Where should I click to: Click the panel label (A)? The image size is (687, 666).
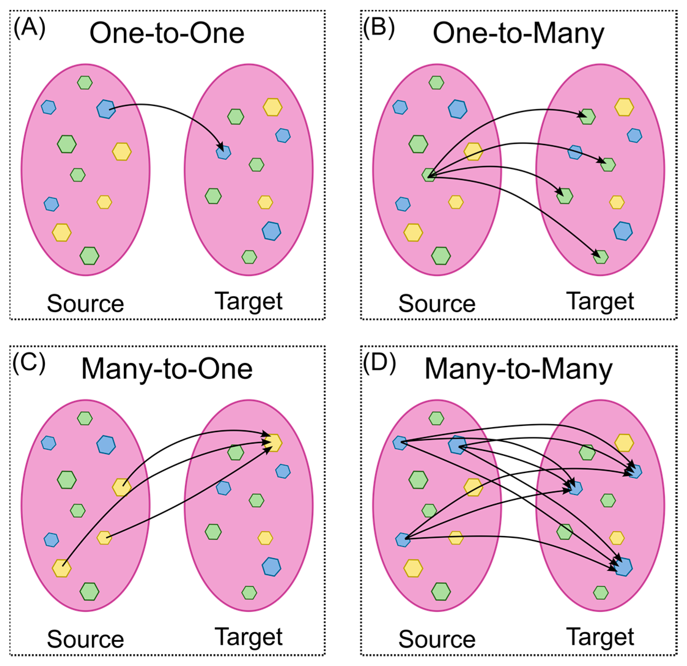click(x=29, y=28)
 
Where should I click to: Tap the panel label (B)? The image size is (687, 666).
click(x=379, y=28)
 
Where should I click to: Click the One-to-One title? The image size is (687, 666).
click(x=167, y=33)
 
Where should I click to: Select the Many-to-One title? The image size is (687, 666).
click(x=167, y=370)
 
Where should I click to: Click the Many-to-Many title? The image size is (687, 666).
click(x=518, y=370)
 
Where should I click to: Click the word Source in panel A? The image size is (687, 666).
click(x=86, y=303)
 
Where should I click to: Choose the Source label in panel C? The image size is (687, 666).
click(x=86, y=639)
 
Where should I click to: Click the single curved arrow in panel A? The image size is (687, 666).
click(x=182, y=112)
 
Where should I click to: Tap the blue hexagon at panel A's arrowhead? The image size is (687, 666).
click(x=223, y=153)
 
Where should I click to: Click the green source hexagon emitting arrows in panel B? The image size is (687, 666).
click(x=429, y=175)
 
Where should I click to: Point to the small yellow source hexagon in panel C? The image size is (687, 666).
click(x=104, y=538)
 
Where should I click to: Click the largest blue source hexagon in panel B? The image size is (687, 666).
click(x=457, y=109)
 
